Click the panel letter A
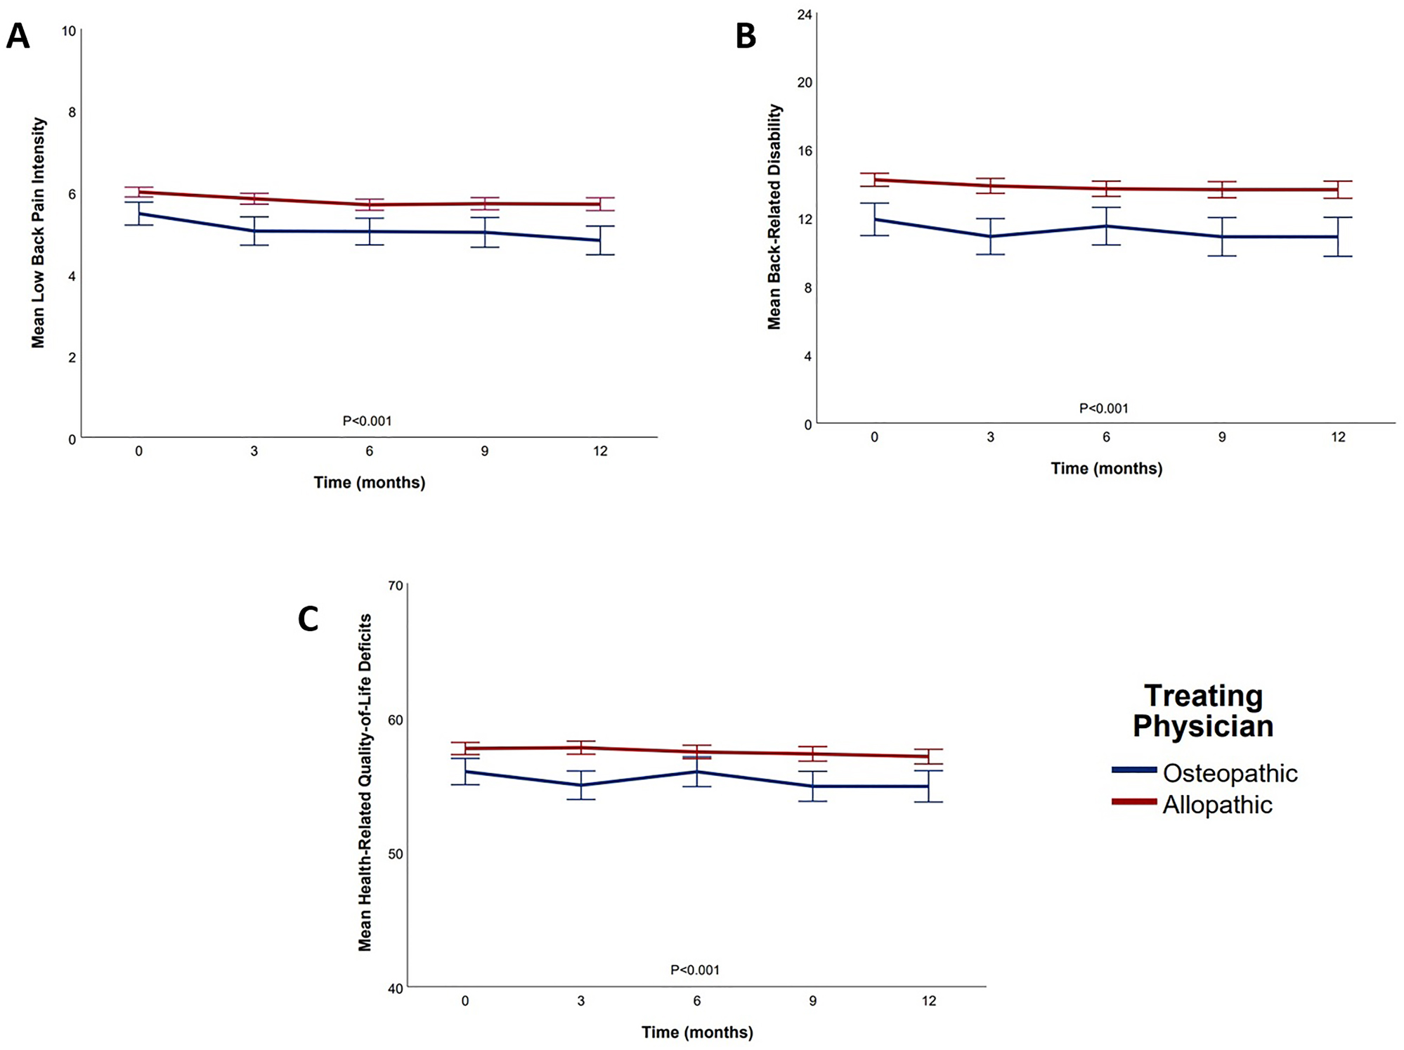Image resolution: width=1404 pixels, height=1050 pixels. click(18, 36)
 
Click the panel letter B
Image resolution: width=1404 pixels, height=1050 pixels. click(746, 36)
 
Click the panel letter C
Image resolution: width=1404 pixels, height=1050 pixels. click(308, 619)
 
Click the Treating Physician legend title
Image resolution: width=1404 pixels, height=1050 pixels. click(1203, 711)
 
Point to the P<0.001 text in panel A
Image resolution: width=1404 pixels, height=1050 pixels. click(367, 421)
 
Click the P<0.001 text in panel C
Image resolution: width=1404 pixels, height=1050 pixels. click(694, 970)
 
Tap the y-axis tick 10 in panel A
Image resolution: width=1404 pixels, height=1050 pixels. click(68, 31)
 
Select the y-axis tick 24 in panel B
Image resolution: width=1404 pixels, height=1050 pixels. click(805, 15)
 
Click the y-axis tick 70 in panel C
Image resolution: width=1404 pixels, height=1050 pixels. click(396, 585)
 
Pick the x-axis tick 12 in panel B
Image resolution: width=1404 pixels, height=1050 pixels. click(1338, 437)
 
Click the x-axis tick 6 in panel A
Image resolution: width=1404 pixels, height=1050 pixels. click(369, 451)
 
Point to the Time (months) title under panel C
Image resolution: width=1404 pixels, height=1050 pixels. click(697, 1032)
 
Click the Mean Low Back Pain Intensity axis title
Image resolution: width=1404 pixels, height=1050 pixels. click(38, 233)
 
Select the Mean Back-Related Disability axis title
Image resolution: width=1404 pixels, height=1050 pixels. click(774, 216)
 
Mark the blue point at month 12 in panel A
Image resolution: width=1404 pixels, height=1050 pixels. click(600, 240)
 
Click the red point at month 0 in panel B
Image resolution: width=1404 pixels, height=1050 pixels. click(874, 180)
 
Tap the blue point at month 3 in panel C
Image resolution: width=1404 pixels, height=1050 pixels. click(581, 785)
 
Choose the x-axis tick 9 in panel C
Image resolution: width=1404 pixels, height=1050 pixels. click(812, 1001)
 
